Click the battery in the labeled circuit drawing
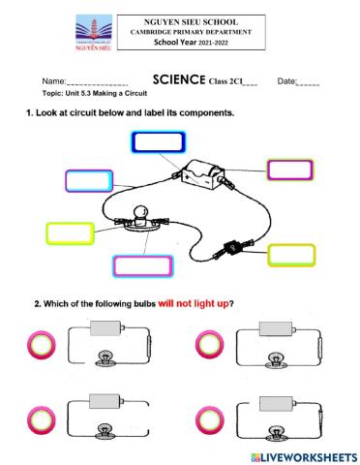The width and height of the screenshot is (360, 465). point(205,177)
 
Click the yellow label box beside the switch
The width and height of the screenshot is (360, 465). point(291,256)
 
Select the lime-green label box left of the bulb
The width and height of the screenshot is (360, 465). point(72,233)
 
